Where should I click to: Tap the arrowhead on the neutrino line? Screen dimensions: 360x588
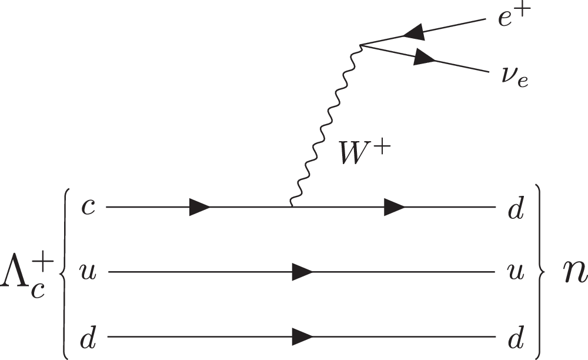[425, 58]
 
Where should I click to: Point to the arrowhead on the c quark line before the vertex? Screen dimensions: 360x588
[199, 207]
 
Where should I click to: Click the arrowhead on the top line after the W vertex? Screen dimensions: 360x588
[394, 207]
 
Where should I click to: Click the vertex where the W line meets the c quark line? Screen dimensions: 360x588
[291, 207]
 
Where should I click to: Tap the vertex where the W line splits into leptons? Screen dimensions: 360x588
[360, 44]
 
